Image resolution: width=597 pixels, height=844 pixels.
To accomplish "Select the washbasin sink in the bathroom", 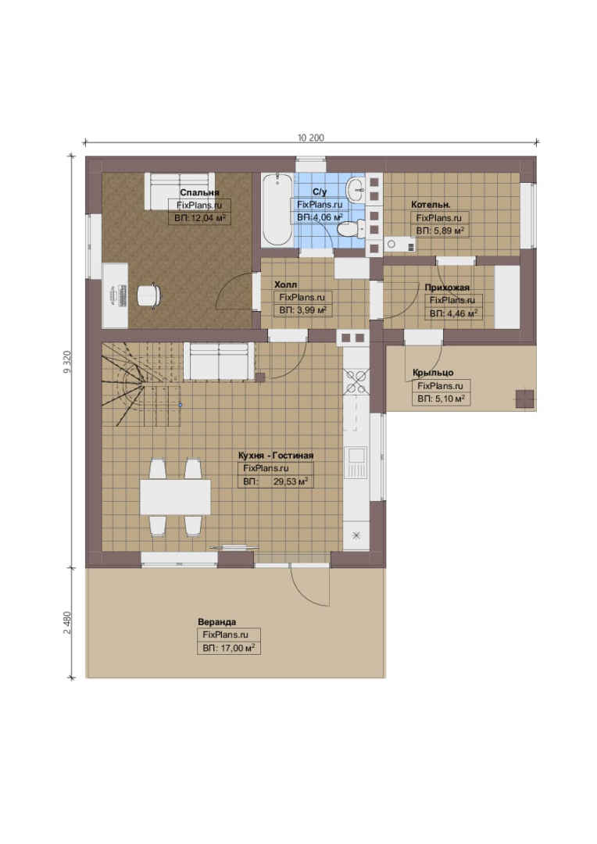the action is pos(356,188).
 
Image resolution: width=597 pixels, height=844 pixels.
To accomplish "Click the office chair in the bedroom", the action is pos(148,297).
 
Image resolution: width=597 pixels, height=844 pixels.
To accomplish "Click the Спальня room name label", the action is pos(199,192).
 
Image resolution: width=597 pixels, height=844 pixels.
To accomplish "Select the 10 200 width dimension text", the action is pos(311,138).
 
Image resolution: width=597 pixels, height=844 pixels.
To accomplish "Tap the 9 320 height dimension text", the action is pos(66,362).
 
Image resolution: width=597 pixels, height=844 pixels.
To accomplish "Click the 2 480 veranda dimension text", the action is pos(67,622).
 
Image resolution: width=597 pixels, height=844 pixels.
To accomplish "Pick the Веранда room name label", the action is pos(217,622).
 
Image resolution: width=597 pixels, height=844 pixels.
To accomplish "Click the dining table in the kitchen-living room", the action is pos(175,497).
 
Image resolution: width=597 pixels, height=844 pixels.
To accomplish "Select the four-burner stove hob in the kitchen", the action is pos(356,381).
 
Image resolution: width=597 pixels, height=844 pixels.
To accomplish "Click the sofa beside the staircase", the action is pos(219,361).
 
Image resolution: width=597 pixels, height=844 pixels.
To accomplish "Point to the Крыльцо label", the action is pos(433,373).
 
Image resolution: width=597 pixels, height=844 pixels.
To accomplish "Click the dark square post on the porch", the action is pos(525,399).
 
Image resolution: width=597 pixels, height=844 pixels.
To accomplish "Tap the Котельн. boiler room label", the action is pos(431,204).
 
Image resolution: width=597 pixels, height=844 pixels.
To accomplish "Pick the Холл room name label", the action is pos(285,284).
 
